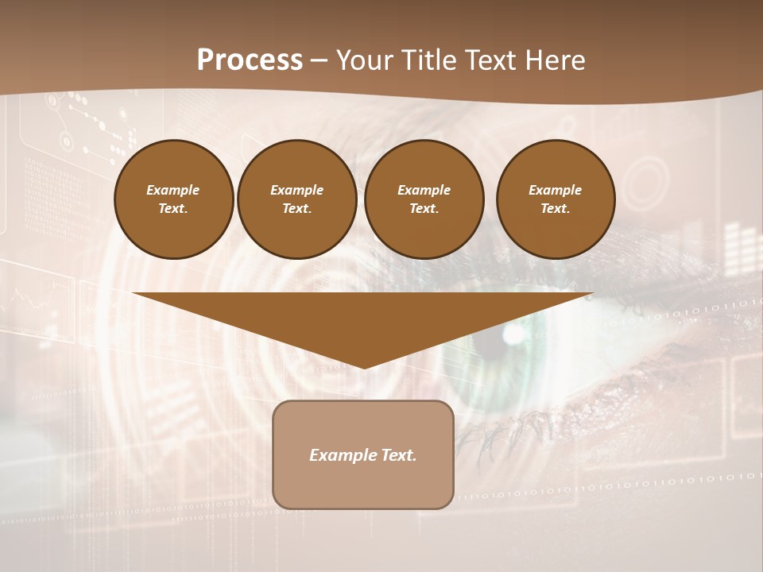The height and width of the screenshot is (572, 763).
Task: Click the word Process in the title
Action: pos(250,60)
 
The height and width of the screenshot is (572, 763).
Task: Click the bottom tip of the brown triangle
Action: pos(364,367)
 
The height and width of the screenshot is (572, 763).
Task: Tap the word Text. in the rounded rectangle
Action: pos(397,455)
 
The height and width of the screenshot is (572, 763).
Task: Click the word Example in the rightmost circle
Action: pos(555,190)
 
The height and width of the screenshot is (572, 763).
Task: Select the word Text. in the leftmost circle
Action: pos(173,208)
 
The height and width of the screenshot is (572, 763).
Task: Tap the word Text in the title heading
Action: pos(486,60)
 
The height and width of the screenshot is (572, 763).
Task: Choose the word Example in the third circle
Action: pos(424,190)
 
